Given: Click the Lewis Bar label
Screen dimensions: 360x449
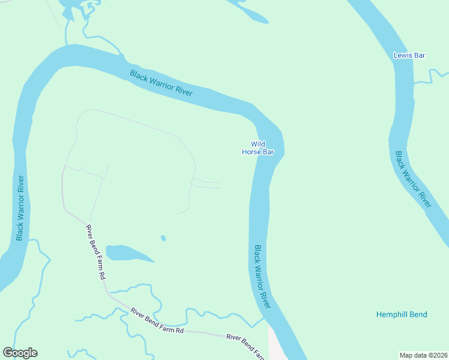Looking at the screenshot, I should pyautogui.click(x=409, y=55).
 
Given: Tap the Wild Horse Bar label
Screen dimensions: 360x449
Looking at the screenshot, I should pyautogui.click(x=258, y=148).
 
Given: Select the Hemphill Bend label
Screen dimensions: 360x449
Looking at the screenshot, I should pyautogui.click(x=402, y=314).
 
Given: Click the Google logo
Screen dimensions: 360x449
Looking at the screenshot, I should pyautogui.click(x=20, y=353).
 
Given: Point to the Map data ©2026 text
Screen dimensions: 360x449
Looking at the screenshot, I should pyautogui.click(x=424, y=355).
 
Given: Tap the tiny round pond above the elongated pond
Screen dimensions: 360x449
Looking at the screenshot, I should pyautogui.click(x=163, y=238).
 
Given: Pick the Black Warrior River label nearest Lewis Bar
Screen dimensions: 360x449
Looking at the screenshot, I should pyautogui.click(x=413, y=179).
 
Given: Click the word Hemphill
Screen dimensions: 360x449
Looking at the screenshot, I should pyautogui.click(x=393, y=314).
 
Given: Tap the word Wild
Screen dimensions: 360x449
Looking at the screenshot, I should pyautogui.click(x=258, y=144).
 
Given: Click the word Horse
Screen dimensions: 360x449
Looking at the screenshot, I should pyautogui.click(x=251, y=152).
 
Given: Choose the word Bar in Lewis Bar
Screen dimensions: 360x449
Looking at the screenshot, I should pyautogui.click(x=419, y=55).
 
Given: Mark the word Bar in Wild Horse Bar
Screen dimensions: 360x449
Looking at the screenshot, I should pyautogui.click(x=268, y=152).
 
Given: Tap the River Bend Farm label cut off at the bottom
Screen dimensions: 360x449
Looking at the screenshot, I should pyautogui.click(x=246, y=346).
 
